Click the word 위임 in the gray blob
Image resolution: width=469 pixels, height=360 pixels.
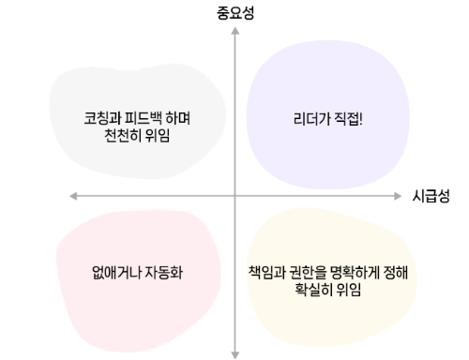(x=166, y=137)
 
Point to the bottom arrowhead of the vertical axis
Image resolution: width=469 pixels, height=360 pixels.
(x=234, y=354)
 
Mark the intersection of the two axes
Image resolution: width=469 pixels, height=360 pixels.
(x=234, y=195)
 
